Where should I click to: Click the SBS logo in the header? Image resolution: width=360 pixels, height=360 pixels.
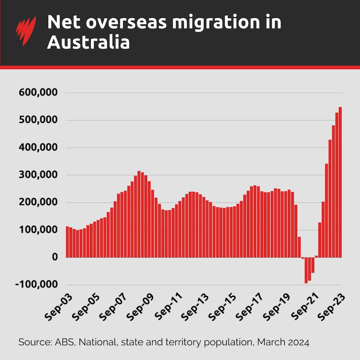[x=26, y=30]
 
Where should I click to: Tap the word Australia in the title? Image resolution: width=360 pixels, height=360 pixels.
[x=88, y=42]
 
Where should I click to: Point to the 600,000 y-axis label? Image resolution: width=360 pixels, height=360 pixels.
[x=36, y=92]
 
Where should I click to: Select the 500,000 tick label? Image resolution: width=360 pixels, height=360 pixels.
[x=36, y=120]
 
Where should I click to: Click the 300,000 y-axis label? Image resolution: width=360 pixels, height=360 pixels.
[x=36, y=175]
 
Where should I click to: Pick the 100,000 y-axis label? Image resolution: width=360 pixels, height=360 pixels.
[x=36, y=230]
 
